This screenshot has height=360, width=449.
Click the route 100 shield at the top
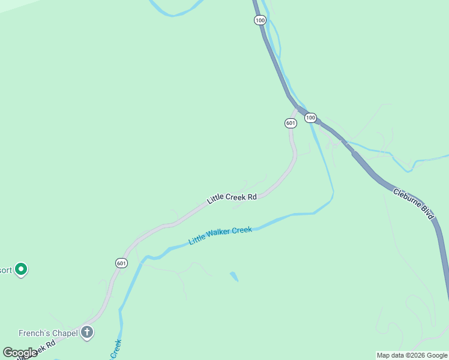coord(259,20)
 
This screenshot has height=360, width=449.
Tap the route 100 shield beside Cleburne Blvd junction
coord(310,118)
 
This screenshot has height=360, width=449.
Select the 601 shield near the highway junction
coord(291,123)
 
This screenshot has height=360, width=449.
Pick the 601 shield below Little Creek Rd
coord(121,263)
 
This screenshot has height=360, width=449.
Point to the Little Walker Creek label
coord(220,235)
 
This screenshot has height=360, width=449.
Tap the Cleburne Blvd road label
coord(414,204)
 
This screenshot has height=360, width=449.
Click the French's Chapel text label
coord(49,333)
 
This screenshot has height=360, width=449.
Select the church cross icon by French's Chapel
coord(87,332)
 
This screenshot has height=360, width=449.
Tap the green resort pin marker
coord(22,269)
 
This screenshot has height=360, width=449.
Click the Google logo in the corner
coord(20,353)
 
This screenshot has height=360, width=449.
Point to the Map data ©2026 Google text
coord(412,355)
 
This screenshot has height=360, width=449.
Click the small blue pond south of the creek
coord(234,277)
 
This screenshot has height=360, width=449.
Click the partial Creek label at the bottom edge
coord(116,349)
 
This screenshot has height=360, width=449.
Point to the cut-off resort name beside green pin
coord(5,270)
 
